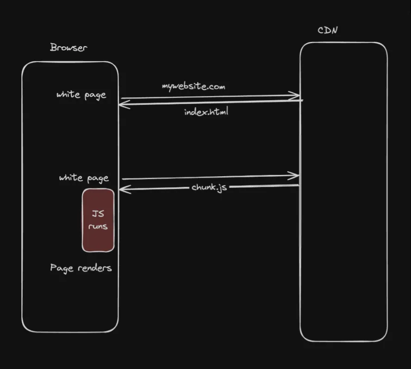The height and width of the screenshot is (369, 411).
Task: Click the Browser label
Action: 68,47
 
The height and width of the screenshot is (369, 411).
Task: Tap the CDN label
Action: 328,31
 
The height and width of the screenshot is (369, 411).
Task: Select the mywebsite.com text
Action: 193,86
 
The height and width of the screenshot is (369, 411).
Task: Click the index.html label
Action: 206,112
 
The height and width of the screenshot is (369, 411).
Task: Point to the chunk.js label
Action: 209,187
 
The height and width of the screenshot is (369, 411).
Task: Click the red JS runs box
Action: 98,220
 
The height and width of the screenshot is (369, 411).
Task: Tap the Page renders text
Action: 81,268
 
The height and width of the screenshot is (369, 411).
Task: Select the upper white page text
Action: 81,95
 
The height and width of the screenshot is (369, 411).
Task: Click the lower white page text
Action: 84,178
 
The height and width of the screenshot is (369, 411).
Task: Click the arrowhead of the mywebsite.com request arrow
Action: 296,95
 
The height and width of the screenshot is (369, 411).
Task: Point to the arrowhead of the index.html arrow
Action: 122,105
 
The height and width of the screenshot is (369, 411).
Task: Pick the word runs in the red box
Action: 98,227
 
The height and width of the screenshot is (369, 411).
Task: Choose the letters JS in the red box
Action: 98,214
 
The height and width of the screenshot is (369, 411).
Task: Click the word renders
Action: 95,268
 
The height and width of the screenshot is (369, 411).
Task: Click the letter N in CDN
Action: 334,31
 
